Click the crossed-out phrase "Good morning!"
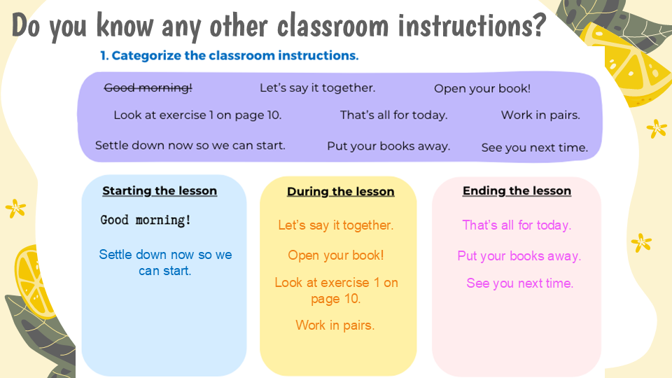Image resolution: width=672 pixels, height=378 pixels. (148, 88)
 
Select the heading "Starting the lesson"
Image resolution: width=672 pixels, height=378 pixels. (160, 190)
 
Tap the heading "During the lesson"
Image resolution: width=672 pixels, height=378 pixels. (341, 192)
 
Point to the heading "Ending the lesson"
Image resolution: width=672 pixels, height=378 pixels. (517, 190)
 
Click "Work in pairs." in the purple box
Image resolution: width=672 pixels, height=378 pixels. (540, 115)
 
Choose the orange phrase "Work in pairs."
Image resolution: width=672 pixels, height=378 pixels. (335, 325)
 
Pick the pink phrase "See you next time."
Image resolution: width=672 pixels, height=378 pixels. (520, 283)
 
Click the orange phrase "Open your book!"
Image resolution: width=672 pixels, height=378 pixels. (336, 255)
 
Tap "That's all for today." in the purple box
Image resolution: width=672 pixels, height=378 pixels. (394, 115)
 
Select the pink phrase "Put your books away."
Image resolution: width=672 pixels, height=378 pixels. (519, 256)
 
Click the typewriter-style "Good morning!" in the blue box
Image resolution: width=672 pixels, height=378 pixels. (146, 220)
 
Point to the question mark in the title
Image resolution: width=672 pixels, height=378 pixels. (539, 26)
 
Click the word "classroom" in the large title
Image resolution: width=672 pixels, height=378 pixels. (332, 26)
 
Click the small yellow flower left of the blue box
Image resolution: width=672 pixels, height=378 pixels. (16, 209)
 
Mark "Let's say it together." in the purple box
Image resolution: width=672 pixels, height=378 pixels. (318, 88)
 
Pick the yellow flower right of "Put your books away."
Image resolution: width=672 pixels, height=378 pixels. (641, 243)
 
